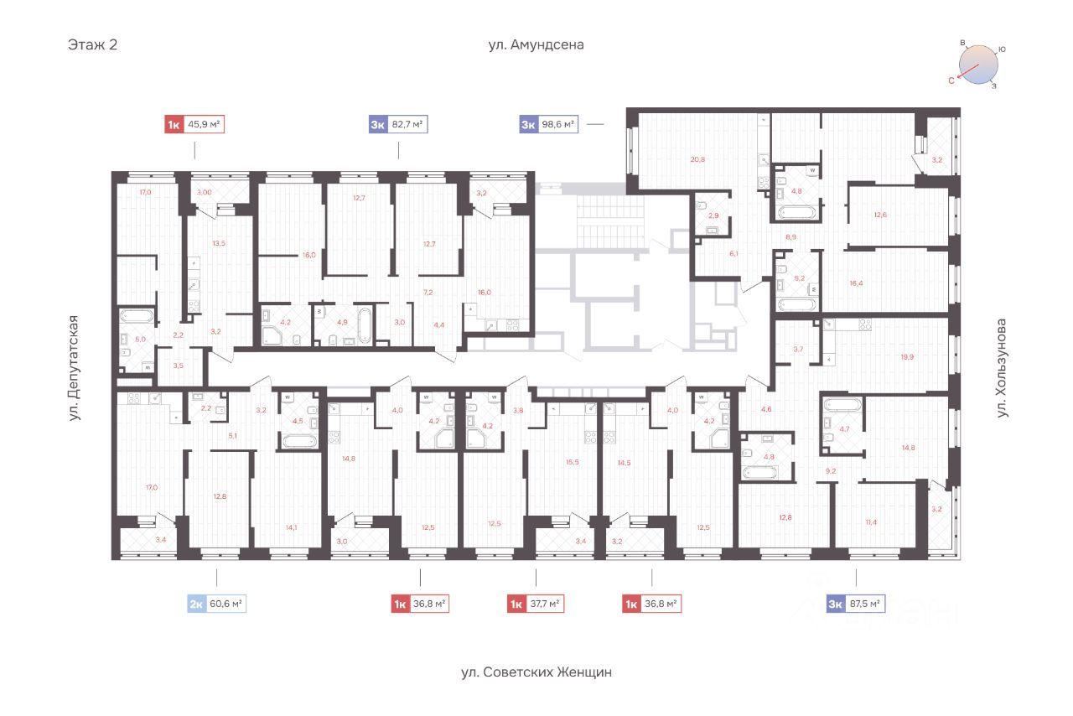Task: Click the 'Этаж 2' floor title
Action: tap(92, 44)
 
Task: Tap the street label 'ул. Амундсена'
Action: tap(536, 44)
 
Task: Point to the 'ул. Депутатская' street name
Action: tap(73, 368)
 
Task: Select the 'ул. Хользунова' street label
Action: tap(1001, 368)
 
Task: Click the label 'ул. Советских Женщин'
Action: tap(536, 672)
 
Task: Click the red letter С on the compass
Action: tap(951, 81)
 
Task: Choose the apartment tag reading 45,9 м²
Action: tap(194, 125)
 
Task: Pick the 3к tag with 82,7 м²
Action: tap(398, 125)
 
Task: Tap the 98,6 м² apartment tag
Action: tap(549, 125)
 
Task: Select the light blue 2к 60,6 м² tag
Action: tap(216, 604)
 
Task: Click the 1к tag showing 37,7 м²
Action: tap(536, 604)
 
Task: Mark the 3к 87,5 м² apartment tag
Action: tap(856, 604)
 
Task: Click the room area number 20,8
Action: tap(697, 159)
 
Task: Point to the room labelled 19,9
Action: tap(907, 357)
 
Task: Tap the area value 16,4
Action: tap(856, 283)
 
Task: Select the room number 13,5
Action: tap(219, 243)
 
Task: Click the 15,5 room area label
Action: tap(573, 462)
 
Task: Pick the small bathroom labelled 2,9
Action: tap(713, 215)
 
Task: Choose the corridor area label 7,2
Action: tap(428, 293)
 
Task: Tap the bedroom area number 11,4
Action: tap(871, 522)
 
